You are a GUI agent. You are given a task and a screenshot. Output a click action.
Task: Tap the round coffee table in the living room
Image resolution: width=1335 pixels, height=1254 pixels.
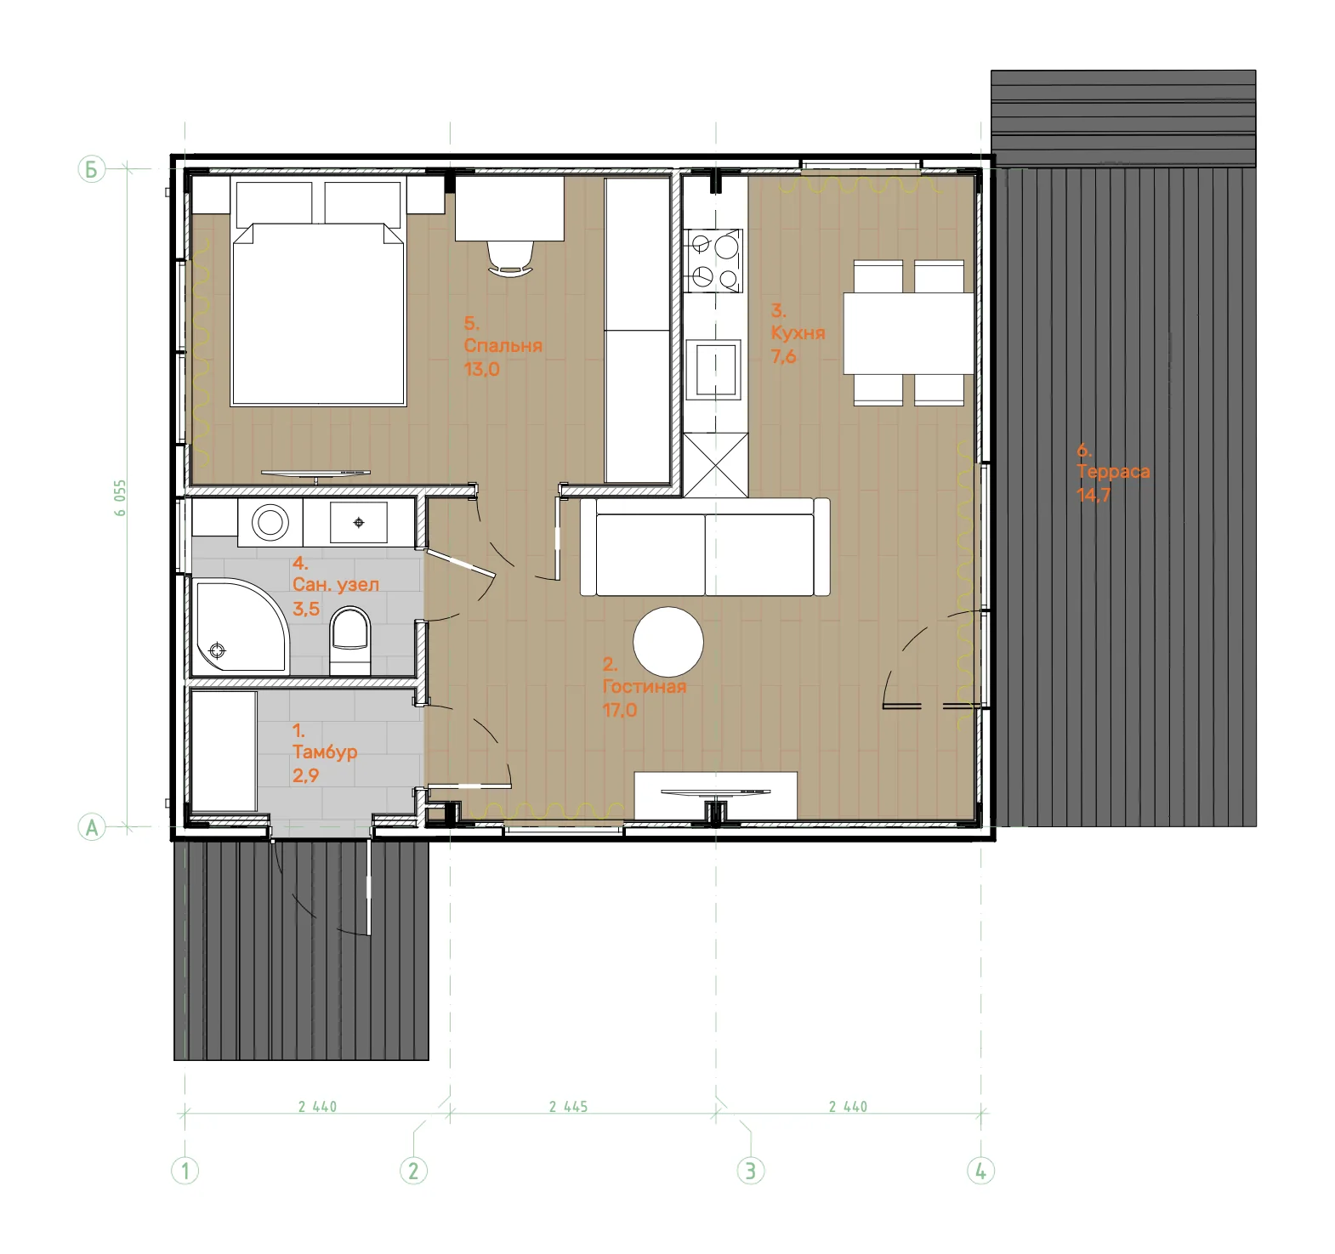pos(668,642)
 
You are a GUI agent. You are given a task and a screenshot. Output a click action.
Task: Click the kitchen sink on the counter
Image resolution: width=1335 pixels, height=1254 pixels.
pos(716,368)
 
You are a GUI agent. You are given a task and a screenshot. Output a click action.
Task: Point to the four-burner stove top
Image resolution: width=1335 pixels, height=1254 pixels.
pos(714,261)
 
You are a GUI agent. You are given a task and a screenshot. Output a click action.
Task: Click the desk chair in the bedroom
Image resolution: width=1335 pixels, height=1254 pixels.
pos(511,258)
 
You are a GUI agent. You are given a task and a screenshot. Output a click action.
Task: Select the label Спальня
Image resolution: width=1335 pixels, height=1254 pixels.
pos(503,346)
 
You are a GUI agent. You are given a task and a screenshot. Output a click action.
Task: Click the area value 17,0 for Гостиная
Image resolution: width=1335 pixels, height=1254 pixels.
pos(620,710)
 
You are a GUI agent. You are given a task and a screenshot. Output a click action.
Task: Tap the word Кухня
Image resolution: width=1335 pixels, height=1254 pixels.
pos(798,332)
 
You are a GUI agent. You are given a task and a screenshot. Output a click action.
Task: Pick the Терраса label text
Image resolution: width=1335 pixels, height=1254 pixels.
pos(1113,471)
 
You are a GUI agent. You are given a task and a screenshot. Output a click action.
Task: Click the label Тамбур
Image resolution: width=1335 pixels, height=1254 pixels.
pos(325,752)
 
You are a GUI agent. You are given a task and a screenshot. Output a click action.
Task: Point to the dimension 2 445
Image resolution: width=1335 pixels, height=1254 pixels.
pos(568,1106)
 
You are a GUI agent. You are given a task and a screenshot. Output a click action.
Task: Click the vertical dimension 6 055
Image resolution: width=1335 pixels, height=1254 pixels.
pos(120,498)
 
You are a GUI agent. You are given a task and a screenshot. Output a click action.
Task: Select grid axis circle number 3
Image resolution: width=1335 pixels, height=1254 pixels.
pos(750,1171)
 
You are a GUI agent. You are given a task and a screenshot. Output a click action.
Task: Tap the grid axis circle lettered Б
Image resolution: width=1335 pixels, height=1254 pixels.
pos(91,168)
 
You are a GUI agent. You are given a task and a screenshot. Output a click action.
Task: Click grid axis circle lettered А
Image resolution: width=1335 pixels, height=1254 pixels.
pos(92,826)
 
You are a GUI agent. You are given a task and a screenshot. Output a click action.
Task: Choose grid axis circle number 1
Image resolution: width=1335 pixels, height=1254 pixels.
pos(185,1171)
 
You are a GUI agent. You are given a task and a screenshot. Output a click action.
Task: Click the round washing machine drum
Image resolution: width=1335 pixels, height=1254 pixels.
pos(270,521)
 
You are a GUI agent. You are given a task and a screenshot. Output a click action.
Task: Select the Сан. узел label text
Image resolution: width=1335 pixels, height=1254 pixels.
pos(336,584)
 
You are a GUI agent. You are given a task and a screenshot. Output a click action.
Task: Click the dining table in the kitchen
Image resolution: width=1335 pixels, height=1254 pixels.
pos(908,333)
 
